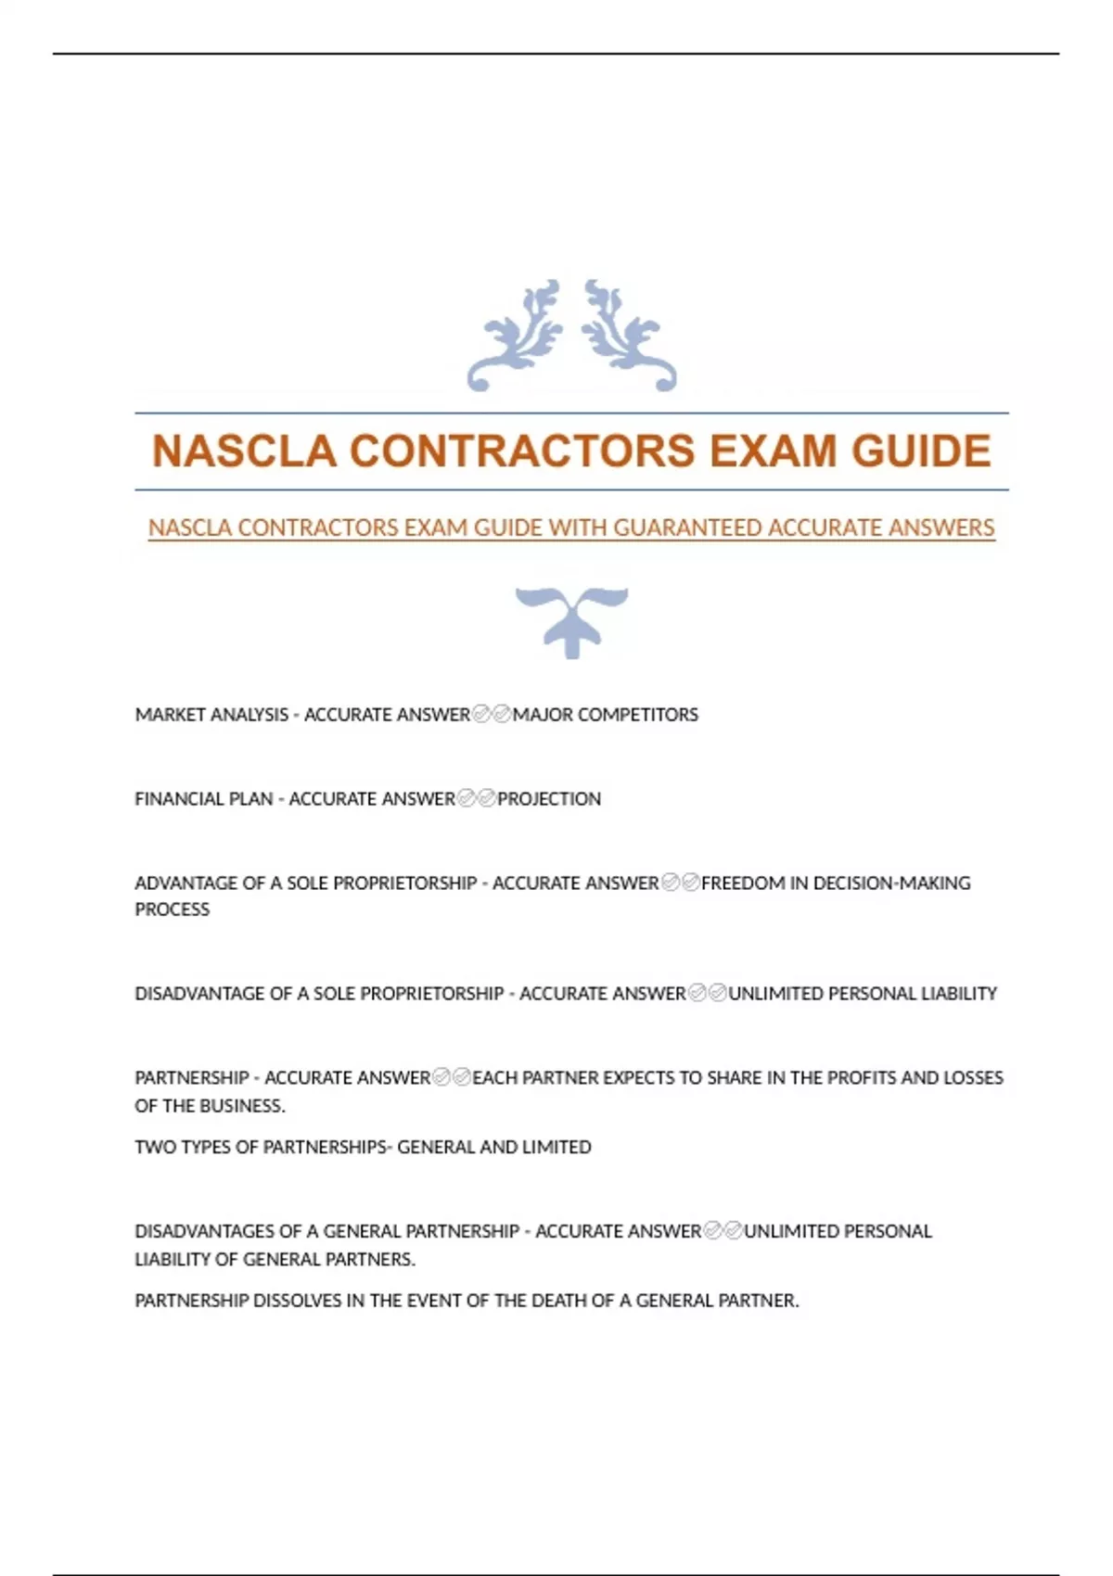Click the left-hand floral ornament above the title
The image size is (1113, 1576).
coord(517,336)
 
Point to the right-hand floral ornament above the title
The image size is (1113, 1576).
coord(628,336)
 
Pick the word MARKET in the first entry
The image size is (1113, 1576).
coord(165,715)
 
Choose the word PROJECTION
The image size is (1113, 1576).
coord(549,799)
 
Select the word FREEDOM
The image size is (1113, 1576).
coord(742,883)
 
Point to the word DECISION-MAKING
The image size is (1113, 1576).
coord(891,883)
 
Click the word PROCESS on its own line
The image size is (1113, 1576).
coord(173,910)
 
